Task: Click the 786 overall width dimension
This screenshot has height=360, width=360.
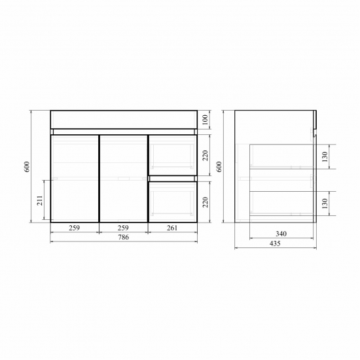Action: [x=124, y=237]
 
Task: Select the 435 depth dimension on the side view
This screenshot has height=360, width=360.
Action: [x=275, y=243]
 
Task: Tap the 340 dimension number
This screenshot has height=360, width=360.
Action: [x=281, y=234]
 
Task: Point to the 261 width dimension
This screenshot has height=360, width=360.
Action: [x=172, y=228]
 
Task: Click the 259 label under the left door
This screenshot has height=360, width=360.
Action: [x=75, y=228]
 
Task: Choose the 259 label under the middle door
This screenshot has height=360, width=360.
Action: [x=123, y=228]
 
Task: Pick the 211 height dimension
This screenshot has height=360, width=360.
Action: [x=40, y=200]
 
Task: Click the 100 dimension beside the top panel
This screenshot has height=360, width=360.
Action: [x=205, y=120]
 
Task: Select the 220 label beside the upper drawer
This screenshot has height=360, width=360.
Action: [x=205, y=155]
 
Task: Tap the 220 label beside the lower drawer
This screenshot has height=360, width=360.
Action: [x=205, y=202]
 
